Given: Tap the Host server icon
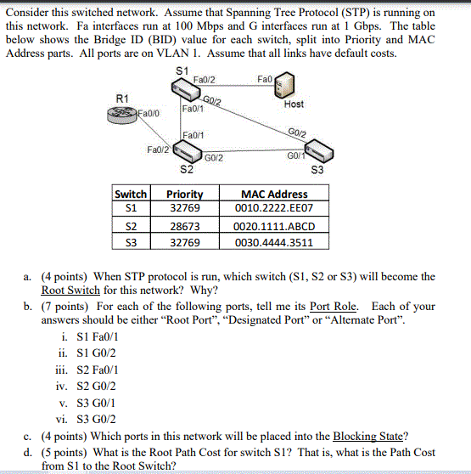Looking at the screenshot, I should click(x=288, y=86).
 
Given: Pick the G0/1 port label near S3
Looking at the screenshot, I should click(x=294, y=155).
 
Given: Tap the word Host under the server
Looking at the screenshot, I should click(x=294, y=104).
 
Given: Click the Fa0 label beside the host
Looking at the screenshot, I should click(x=264, y=78).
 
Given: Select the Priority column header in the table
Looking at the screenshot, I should click(x=184, y=194).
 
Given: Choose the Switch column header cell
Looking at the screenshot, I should click(x=130, y=194).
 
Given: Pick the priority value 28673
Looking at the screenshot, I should click(x=184, y=227).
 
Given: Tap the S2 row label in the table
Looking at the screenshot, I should click(x=130, y=227).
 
